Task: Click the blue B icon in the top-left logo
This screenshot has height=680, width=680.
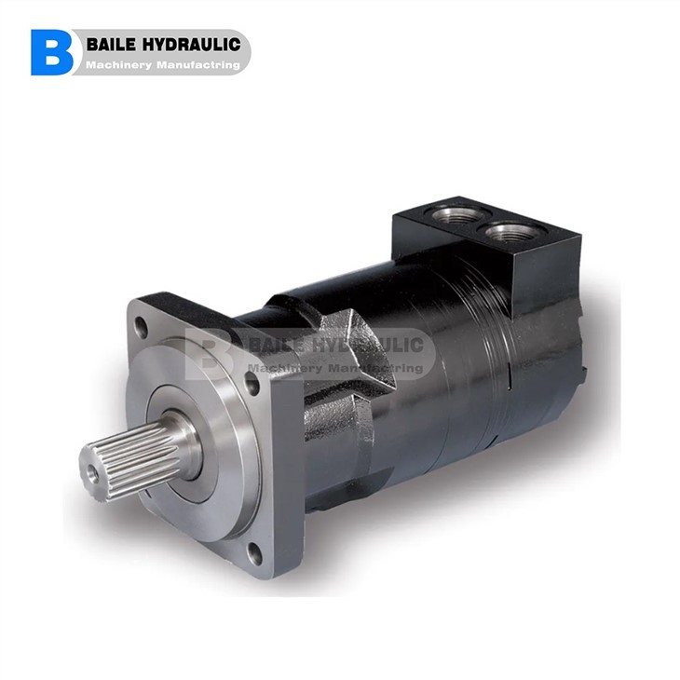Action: click(x=51, y=52)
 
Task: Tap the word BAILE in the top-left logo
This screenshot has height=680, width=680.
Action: click(x=113, y=44)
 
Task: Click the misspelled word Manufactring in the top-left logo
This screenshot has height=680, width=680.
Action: click(x=199, y=65)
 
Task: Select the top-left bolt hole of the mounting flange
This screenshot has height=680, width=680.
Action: click(x=142, y=329)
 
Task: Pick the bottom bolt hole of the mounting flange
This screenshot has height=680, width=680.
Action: click(x=254, y=551)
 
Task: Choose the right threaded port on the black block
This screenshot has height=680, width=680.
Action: click(x=511, y=231)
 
